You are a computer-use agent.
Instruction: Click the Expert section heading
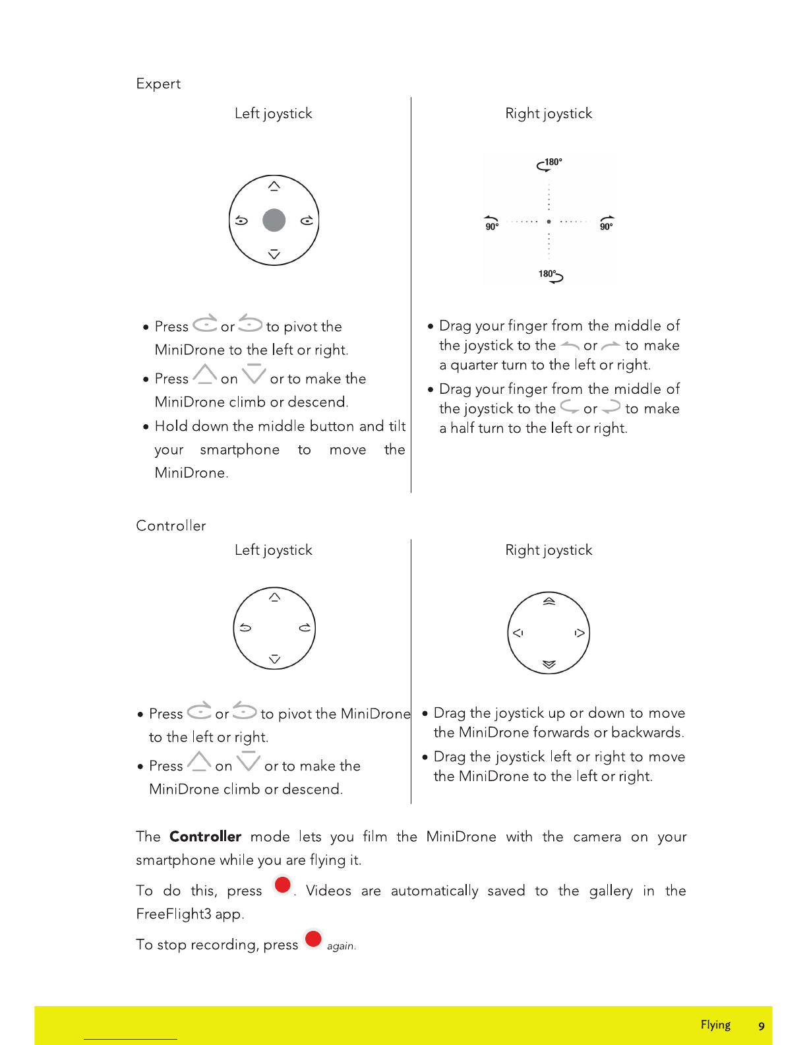pyautogui.click(x=158, y=84)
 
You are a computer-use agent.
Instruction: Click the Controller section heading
pyautogui.click(x=171, y=526)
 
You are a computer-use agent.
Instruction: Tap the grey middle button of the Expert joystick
pyautogui.click(x=274, y=220)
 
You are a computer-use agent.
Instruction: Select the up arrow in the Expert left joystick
pyautogui.click(x=274, y=186)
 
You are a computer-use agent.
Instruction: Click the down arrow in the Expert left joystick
pyautogui.click(x=274, y=255)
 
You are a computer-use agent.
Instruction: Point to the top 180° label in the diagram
pyautogui.click(x=553, y=162)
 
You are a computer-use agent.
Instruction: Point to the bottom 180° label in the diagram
pyautogui.click(x=547, y=274)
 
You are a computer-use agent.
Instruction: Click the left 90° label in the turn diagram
pyautogui.click(x=492, y=226)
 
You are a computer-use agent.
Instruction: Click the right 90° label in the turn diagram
pyautogui.click(x=607, y=226)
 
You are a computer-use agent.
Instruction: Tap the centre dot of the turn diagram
pyautogui.click(x=549, y=222)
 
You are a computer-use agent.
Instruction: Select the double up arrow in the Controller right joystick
pyautogui.click(x=549, y=601)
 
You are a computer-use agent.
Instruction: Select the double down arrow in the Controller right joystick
pyautogui.click(x=549, y=664)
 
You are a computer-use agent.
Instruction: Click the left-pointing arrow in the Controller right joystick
pyautogui.click(x=518, y=633)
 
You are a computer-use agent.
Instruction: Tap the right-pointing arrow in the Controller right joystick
pyautogui.click(x=580, y=633)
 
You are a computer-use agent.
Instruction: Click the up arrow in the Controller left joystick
pyautogui.click(x=275, y=597)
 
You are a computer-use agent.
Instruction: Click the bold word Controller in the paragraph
pyautogui.click(x=205, y=837)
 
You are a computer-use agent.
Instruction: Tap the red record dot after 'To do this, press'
pyautogui.click(x=283, y=885)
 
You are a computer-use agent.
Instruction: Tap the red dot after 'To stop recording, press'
pyautogui.click(x=313, y=938)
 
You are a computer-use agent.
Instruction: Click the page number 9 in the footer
pyautogui.click(x=762, y=1026)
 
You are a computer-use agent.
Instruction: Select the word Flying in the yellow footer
pyautogui.click(x=715, y=1025)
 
